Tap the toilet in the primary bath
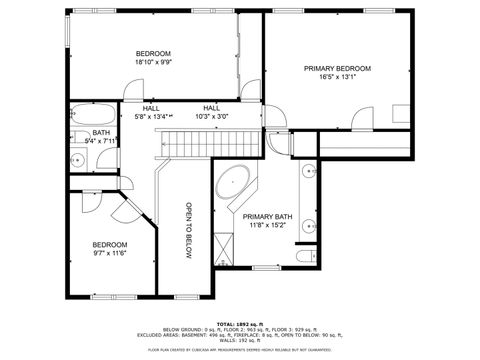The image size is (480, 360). click(306, 260)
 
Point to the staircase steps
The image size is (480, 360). click(185, 145)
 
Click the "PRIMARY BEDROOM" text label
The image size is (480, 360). click(337, 69)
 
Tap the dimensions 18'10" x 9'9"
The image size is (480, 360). click(153, 62)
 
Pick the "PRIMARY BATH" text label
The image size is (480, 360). click(267, 217)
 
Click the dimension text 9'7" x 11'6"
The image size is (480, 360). click(110, 253)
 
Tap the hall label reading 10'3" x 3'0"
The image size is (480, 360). click(212, 117)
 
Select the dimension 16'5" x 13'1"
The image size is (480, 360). click(337, 77)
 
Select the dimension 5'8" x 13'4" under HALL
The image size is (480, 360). click(152, 117)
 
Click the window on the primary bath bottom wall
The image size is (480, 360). click(265, 267)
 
